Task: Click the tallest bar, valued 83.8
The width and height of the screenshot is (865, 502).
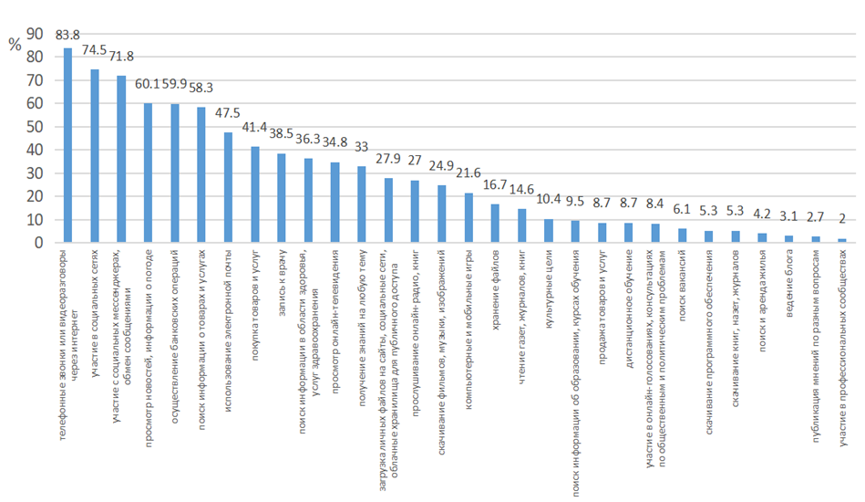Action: [x=67, y=146]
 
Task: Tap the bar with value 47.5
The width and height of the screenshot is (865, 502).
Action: [x=228, y=188]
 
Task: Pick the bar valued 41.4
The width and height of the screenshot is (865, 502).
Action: [x=254, y=195]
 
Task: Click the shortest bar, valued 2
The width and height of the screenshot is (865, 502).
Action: [x=841, y=241]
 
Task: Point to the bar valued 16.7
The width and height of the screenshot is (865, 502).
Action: [x=495, y=224]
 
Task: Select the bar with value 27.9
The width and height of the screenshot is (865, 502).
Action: [x=388, y=211]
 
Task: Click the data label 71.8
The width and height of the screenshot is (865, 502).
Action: [x=121, y=58]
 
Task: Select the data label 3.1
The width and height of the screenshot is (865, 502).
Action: [x=788, y=217]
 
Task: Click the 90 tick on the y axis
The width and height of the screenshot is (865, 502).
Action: [x=36, y=34]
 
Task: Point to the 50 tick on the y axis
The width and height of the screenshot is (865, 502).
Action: [x=36, y=127]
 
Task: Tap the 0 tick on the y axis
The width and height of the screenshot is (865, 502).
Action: [x=40, y=244]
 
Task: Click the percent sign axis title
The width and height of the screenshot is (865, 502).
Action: [x=14, y=46]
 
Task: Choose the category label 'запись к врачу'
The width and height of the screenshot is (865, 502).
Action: [x=282, y=284]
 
